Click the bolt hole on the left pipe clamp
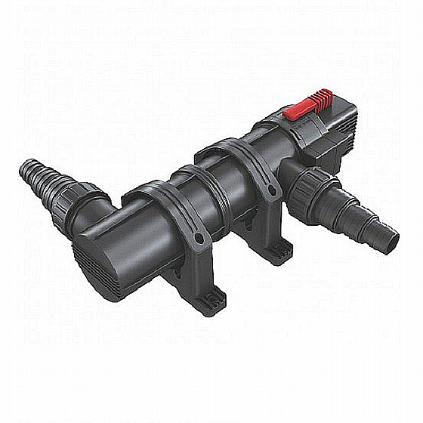(x=197, y=239)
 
